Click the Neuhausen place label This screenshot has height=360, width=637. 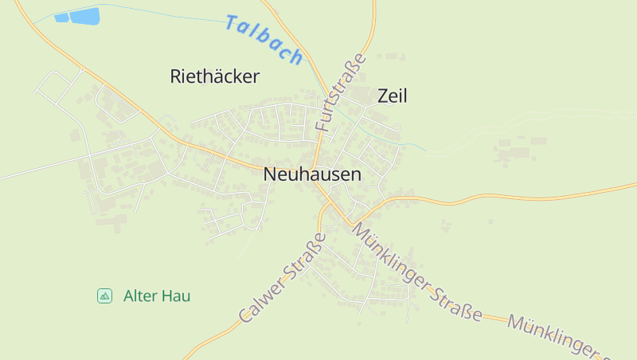311,174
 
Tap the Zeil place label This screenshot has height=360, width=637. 392,96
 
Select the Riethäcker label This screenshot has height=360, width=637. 215,76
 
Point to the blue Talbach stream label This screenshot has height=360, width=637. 264,39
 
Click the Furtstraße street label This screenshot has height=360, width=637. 340,92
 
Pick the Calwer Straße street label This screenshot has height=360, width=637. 283,278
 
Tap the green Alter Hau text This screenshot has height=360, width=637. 157,296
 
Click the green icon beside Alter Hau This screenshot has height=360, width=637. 104,296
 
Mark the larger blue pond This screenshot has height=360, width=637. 84,16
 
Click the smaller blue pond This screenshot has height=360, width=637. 61,18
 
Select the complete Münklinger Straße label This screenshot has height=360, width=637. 416,272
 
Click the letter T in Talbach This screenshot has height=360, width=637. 233,23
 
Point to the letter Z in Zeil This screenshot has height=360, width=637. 383,96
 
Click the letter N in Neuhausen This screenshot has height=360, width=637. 270,174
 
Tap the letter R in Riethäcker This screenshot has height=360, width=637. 176,76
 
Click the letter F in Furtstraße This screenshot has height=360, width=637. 322,124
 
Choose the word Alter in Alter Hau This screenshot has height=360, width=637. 140,296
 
